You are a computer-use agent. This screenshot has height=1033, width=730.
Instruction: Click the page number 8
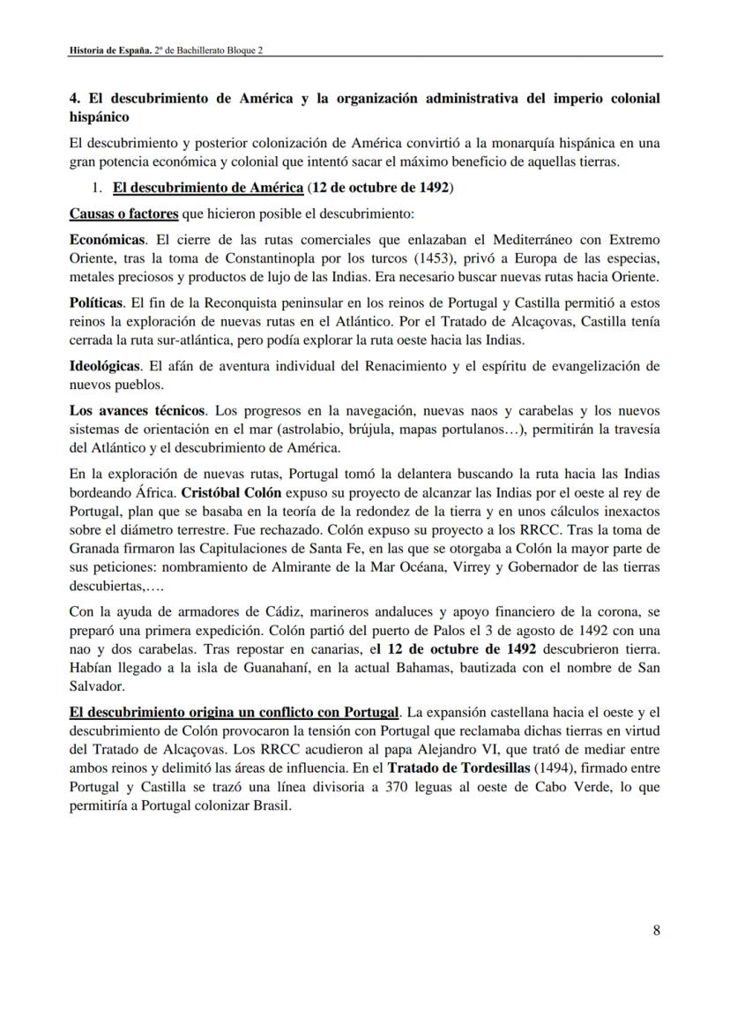click(x=657, y=930)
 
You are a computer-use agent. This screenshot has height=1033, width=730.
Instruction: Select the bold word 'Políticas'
click(x=96, y=303)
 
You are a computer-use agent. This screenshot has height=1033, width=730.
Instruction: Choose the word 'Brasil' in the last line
click(x=270, y=806)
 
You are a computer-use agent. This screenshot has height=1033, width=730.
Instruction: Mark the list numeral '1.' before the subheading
click(x=99, y=188)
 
